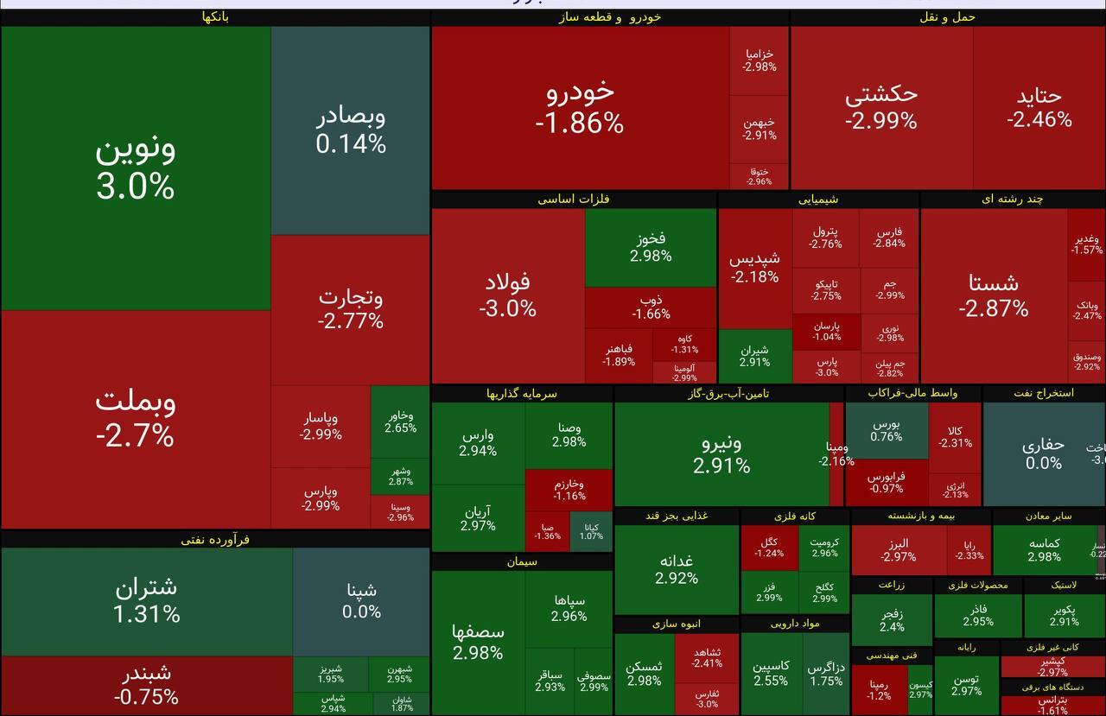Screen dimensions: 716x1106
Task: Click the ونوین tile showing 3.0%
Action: tap(136, 168)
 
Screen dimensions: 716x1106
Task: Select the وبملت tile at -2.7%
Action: tap(136, 419)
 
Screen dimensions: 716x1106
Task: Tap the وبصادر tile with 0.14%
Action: tap(350, 130)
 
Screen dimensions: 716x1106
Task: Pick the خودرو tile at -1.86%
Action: tap(580, 107)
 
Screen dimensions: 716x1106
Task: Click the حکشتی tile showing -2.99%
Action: tap(881, 107)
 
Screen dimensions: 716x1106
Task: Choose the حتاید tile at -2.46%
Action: tap(1039, 107)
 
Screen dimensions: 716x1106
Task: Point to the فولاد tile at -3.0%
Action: tap(508, 295)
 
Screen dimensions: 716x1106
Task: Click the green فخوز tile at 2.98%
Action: tap(651, 247)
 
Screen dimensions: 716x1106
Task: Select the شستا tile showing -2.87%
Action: tap(994, 295)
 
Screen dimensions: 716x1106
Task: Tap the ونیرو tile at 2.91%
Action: tap(721, 454)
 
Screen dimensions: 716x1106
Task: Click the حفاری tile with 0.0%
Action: tap(1043, 454)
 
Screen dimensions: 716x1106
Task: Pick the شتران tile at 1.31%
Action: tap(147, 600)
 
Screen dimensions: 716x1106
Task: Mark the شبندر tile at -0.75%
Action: tap(147, 685)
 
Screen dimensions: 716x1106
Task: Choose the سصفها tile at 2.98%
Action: tap(478, 642)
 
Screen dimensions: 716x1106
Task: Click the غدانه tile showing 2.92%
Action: tap(677, 569)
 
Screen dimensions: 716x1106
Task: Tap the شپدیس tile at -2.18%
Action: tap(754, 268)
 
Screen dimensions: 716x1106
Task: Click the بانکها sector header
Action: tap(215, 17)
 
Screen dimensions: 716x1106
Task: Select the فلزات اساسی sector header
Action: tap(574, 200)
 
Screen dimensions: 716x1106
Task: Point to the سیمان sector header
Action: tap(522, 562)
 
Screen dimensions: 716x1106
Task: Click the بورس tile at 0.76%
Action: tap(887, 430)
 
